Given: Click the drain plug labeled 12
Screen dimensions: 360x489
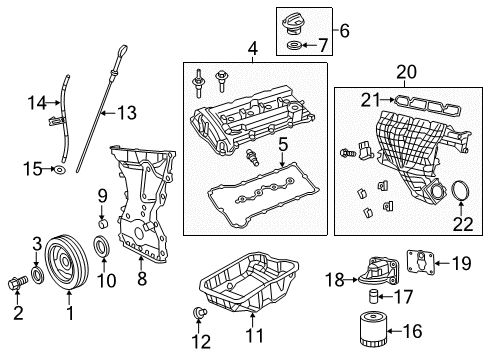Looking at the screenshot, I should (197, 317).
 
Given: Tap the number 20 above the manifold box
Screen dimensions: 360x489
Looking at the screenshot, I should (405, 71).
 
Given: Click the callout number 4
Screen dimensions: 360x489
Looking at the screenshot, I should (251, 47).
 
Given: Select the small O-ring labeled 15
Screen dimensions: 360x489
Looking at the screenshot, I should (59, 171).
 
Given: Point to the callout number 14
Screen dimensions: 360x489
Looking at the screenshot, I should (38, 101).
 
